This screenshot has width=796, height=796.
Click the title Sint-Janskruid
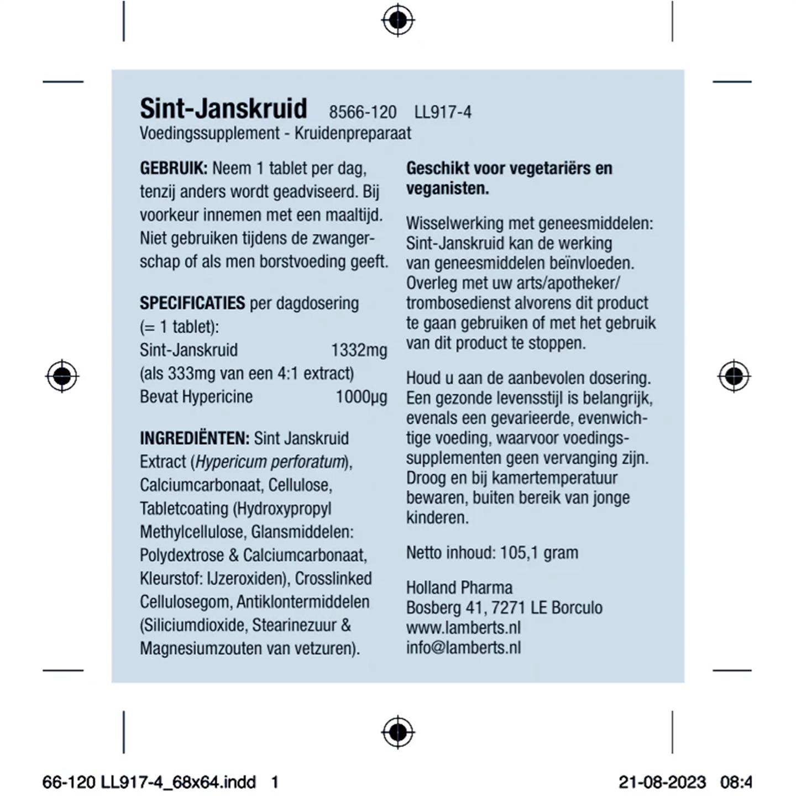223,108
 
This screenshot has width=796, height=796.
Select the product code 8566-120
363,112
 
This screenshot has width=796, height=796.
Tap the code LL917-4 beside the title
443,112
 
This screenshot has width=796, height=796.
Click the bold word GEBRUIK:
174,168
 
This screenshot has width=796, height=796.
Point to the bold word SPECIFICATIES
192,303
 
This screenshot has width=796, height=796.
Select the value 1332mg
359,350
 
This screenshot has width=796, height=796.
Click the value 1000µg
362,397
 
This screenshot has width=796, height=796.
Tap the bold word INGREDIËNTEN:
195,438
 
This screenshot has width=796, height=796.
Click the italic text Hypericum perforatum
270,462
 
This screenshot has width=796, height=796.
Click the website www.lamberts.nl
463,627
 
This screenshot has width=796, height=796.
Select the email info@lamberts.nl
463,647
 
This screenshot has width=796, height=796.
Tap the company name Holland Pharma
459,588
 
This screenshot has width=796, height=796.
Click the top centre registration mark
397,20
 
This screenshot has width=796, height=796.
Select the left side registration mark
62,376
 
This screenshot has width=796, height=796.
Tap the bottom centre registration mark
397,732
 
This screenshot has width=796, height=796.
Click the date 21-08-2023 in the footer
662,782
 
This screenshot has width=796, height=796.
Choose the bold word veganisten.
447,188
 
